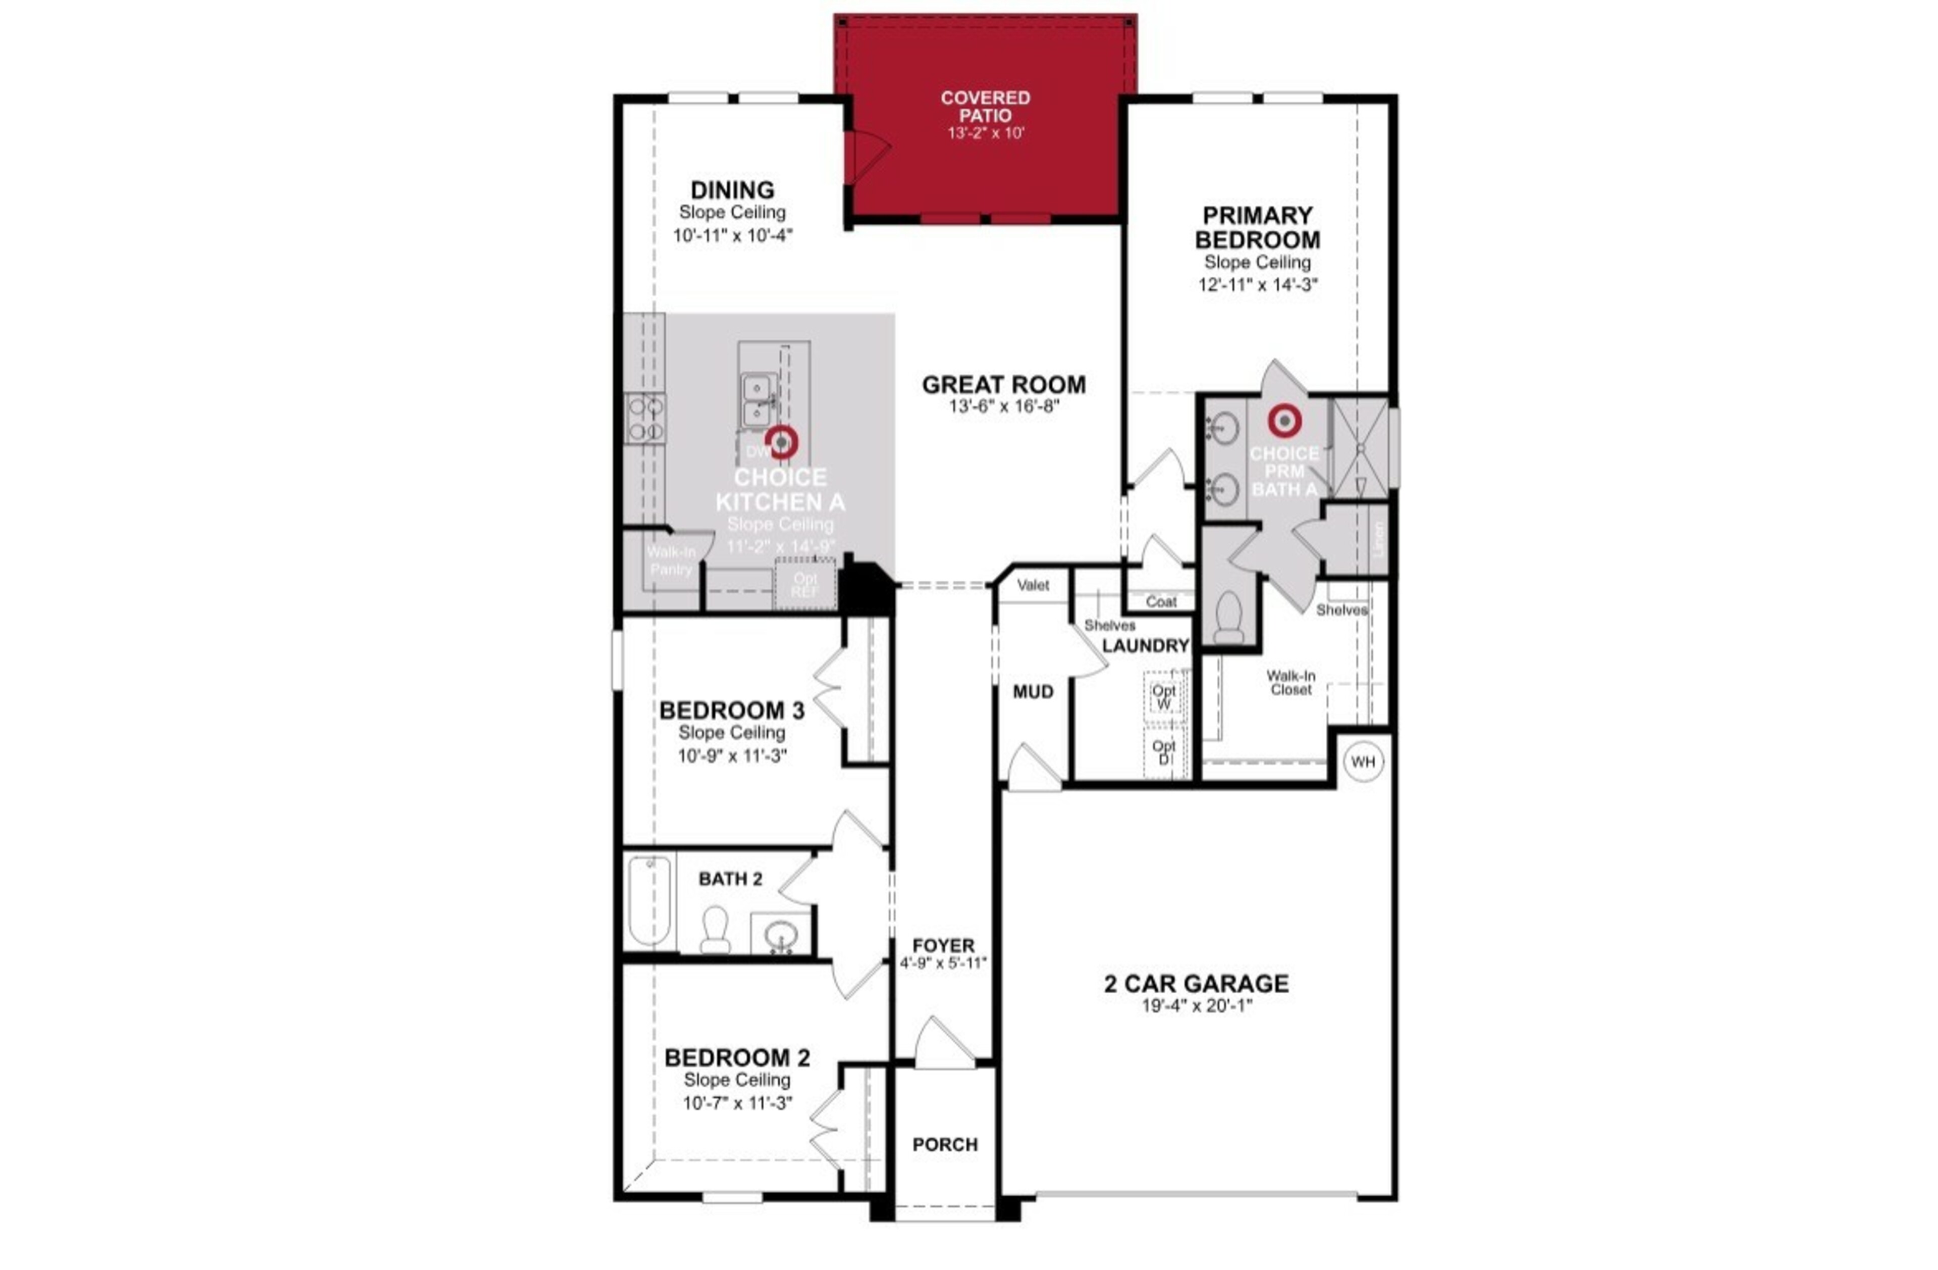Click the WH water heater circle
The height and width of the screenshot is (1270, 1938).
[x=1362, y=761]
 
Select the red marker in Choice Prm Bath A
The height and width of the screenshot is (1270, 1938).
[x=1284, y=420]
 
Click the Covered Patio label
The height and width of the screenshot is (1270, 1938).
[x=985, y=107]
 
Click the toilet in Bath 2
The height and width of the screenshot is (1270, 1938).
[x=715, y=930]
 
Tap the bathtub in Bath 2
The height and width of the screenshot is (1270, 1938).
[x=649, y=900]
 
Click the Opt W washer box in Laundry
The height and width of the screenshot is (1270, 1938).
[x=1164, y=696]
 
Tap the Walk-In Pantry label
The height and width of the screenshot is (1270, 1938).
[x=671, y=561]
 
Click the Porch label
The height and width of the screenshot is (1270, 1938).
[x=945, y=1145]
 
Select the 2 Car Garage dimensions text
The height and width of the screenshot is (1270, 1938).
[x=1196, y=1006]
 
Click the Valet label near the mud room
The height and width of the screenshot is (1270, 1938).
[x=1033, y=585]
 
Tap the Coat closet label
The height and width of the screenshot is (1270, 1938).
[x=1160, y=602]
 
